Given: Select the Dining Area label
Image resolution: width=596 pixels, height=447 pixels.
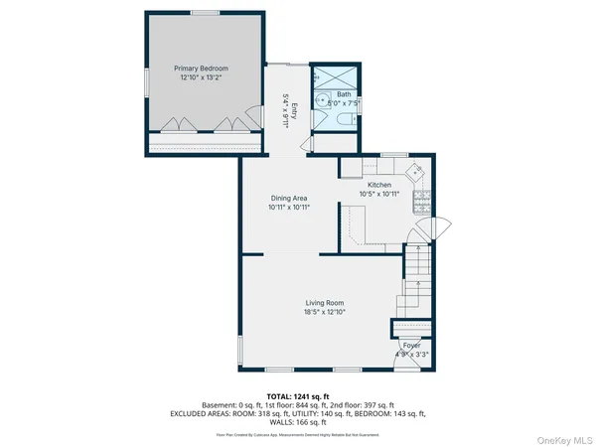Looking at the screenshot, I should [288, 199].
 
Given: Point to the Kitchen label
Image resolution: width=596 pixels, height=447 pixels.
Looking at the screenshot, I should [379, 186].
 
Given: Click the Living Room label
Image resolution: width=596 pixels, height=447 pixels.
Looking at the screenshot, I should [324, 303].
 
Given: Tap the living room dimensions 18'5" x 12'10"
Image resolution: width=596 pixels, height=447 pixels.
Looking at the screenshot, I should [324, 312].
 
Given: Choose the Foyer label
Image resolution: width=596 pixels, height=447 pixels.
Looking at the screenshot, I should [410, 345].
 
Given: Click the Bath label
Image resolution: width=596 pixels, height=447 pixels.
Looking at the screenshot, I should [343, 94].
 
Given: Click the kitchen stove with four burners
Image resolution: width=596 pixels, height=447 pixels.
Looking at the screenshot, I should [421, 207].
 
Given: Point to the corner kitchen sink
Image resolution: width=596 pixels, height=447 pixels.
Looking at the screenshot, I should [420, 170].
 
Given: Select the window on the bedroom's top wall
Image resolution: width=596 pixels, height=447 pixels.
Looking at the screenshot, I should [206, 13].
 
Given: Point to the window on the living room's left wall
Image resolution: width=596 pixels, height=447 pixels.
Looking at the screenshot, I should [239, 348].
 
